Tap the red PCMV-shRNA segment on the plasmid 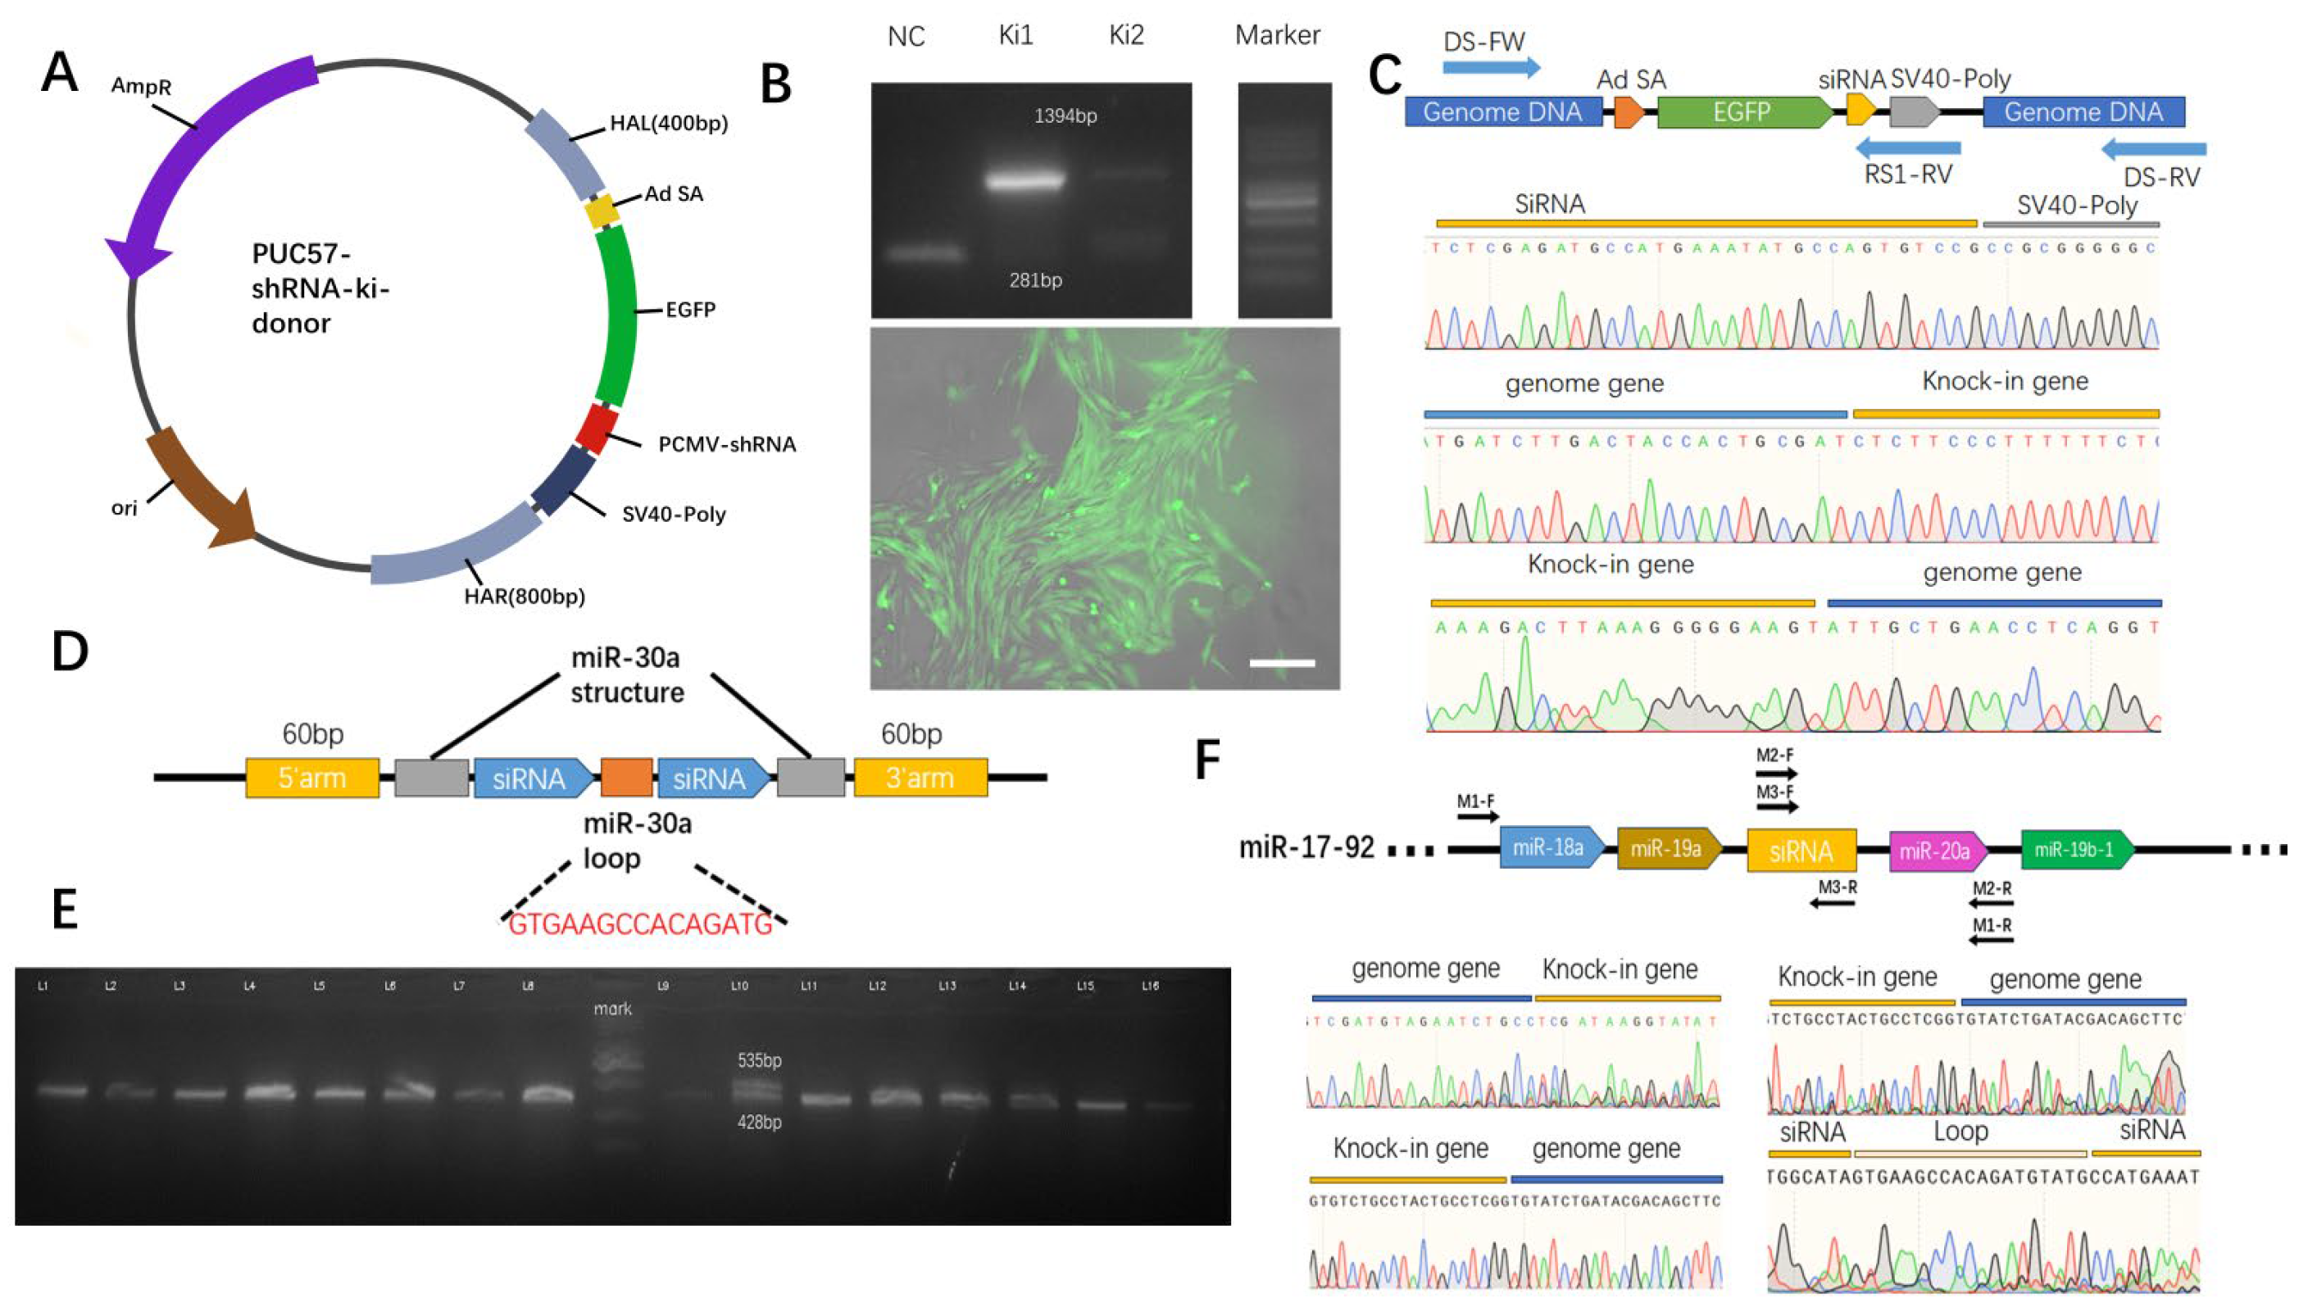tap(597, 429)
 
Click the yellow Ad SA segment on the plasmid tap(601, 211)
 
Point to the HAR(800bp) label tap(525, 597)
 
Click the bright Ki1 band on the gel tap(1026, 181)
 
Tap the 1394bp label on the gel tap(1065, 116)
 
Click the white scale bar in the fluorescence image tap(1281, 664)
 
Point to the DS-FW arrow tap(1491, 67)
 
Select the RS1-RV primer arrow tap(1907, 147)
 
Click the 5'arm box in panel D tap(312, 778)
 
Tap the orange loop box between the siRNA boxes tap(625, 778)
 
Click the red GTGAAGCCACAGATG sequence tap(640, 924)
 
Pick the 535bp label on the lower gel tap(760, 1060)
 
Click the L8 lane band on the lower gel tap(547, 1095)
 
